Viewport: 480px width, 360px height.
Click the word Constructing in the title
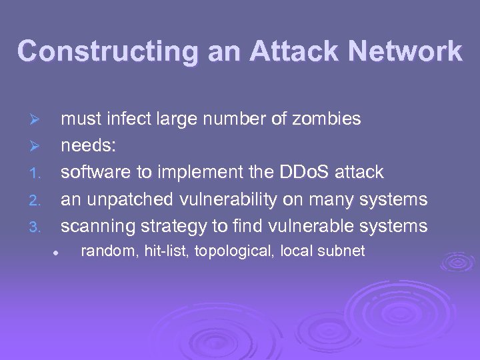coord(107,51)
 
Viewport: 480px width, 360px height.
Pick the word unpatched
coord(127,199)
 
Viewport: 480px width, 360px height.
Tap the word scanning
coord(98,226)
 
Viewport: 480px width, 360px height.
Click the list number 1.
coord(35,174)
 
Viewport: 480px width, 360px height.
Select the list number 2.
coord(35,201)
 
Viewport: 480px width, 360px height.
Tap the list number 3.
coord(35,227)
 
